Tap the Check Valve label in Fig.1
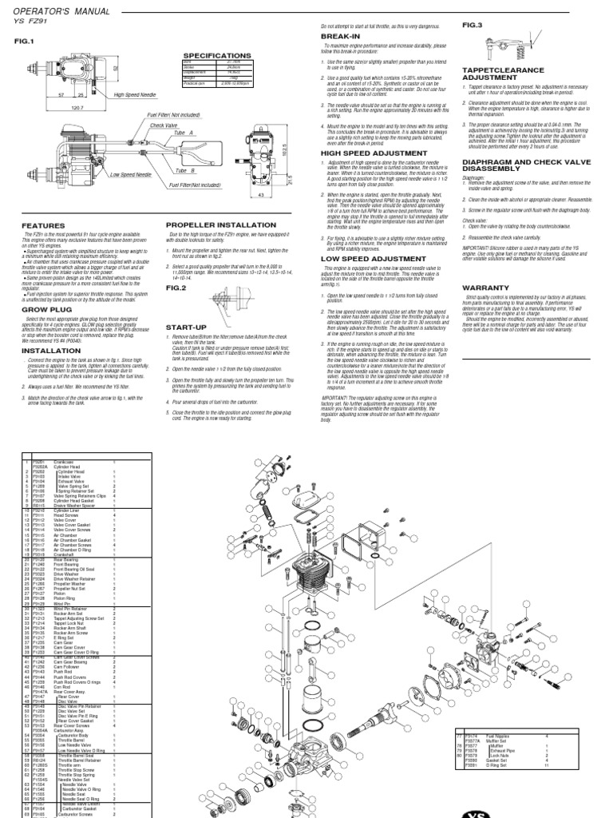coord(163,125)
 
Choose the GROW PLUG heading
coord(42,284)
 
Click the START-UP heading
coord(185,327)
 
